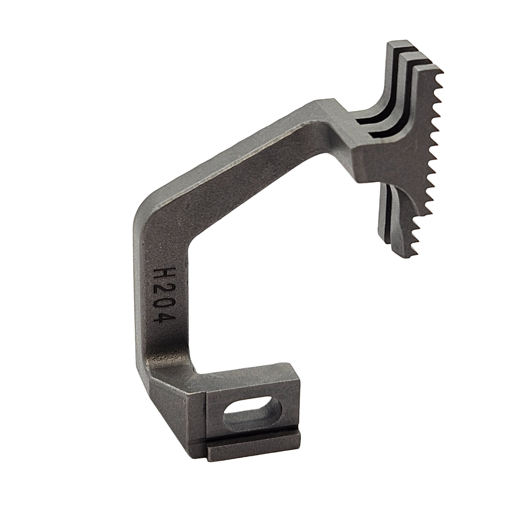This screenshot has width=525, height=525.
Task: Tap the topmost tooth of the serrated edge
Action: click(441, 73)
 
